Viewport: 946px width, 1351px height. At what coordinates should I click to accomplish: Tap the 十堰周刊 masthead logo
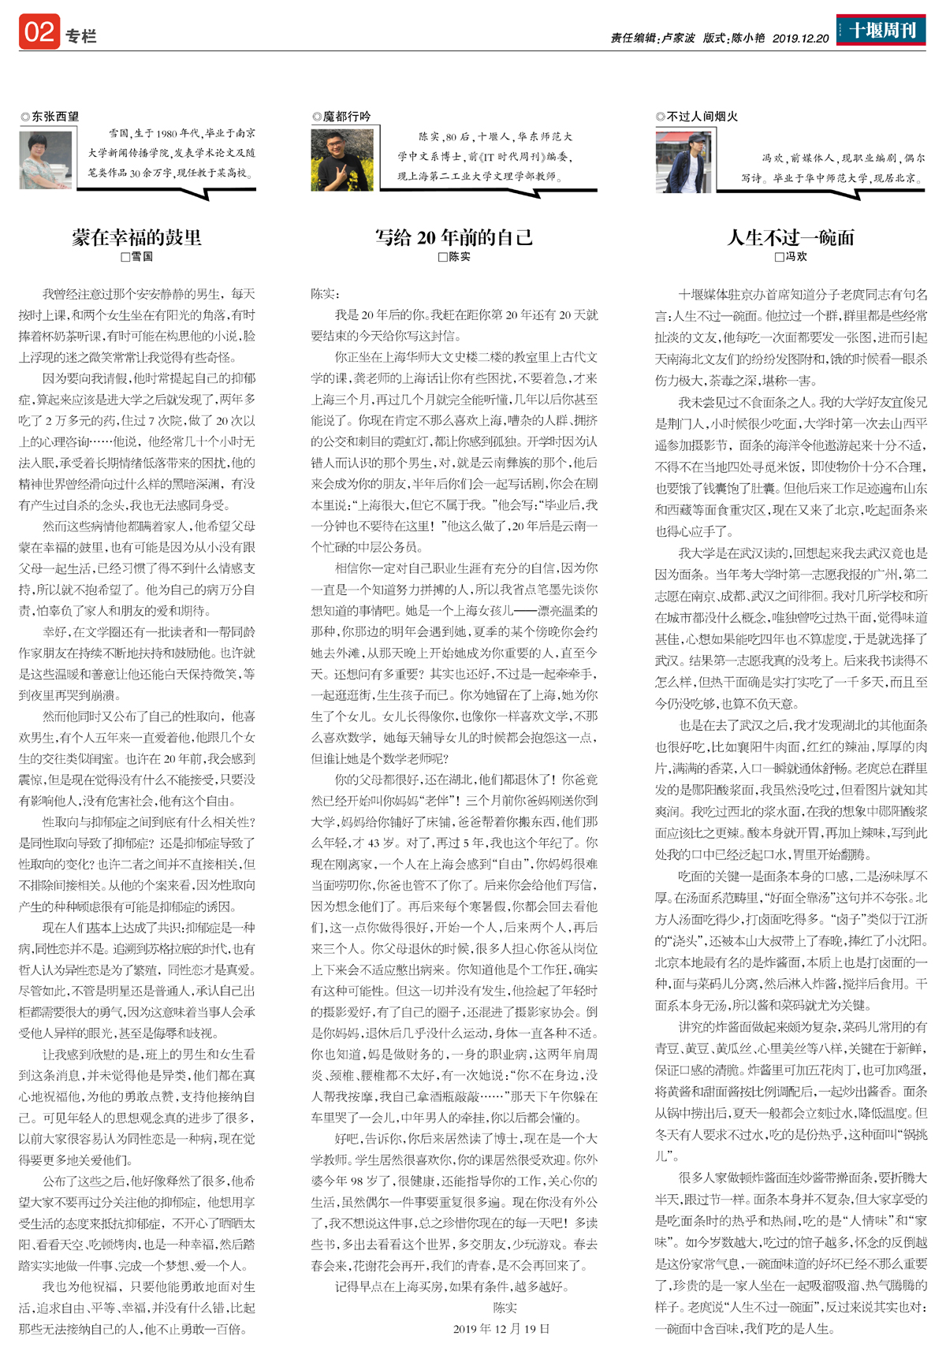click(x=881, y=30)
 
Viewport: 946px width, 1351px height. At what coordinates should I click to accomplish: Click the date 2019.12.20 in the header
click(x=800, y=38)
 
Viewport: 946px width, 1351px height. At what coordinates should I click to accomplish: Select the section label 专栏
click(x=81, y=36)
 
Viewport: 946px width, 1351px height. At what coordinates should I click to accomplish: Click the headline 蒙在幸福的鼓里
click(x=136, y=237)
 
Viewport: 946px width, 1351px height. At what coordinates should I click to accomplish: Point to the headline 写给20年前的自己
click(x=453, y=237)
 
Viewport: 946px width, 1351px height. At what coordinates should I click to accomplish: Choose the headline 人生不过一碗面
click(x=790, y=237)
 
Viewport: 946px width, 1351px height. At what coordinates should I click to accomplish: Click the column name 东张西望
click(x=54, y=117)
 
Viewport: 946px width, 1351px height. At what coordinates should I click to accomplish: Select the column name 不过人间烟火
click(x=702, y=117)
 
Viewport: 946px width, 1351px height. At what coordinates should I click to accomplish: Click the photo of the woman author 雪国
click(x=46, y=160)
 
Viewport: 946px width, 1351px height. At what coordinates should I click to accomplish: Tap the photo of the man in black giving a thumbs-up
click(x=341, y=161)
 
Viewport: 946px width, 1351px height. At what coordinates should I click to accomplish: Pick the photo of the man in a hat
click(x=683, y=162)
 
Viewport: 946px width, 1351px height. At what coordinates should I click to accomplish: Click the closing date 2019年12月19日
click(x=501, y=1328)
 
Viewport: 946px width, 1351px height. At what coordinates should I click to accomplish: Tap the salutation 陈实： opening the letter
click(x=324, y=294)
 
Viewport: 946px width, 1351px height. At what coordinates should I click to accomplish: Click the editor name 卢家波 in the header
click(x=678, y=38)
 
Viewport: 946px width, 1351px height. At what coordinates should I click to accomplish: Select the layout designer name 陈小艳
click(x=747, y=38)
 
